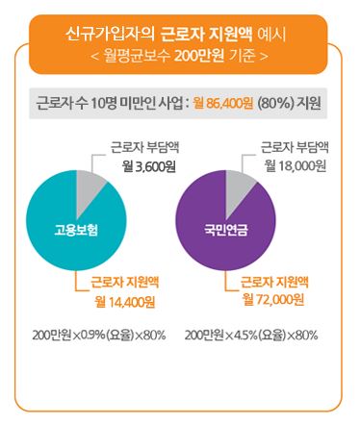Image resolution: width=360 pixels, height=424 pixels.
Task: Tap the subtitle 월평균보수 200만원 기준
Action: pos(179,56)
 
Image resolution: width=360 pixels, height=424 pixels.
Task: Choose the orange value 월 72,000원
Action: pos(274,302)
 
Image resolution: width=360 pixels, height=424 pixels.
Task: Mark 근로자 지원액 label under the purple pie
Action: pos(272,283)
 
